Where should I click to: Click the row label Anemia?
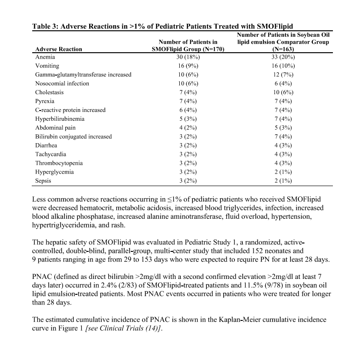45,57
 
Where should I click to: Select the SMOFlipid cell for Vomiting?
187,66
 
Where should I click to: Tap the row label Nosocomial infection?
62,83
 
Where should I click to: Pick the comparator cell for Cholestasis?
283,92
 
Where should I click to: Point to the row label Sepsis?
43,180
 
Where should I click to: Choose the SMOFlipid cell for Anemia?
187,57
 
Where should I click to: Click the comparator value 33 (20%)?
283,57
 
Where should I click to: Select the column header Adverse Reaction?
59,49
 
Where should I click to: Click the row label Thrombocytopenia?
59,163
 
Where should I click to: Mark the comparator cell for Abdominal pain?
283,128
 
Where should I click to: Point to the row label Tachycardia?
51,154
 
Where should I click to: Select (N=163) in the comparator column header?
283,49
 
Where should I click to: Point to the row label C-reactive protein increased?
71,110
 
